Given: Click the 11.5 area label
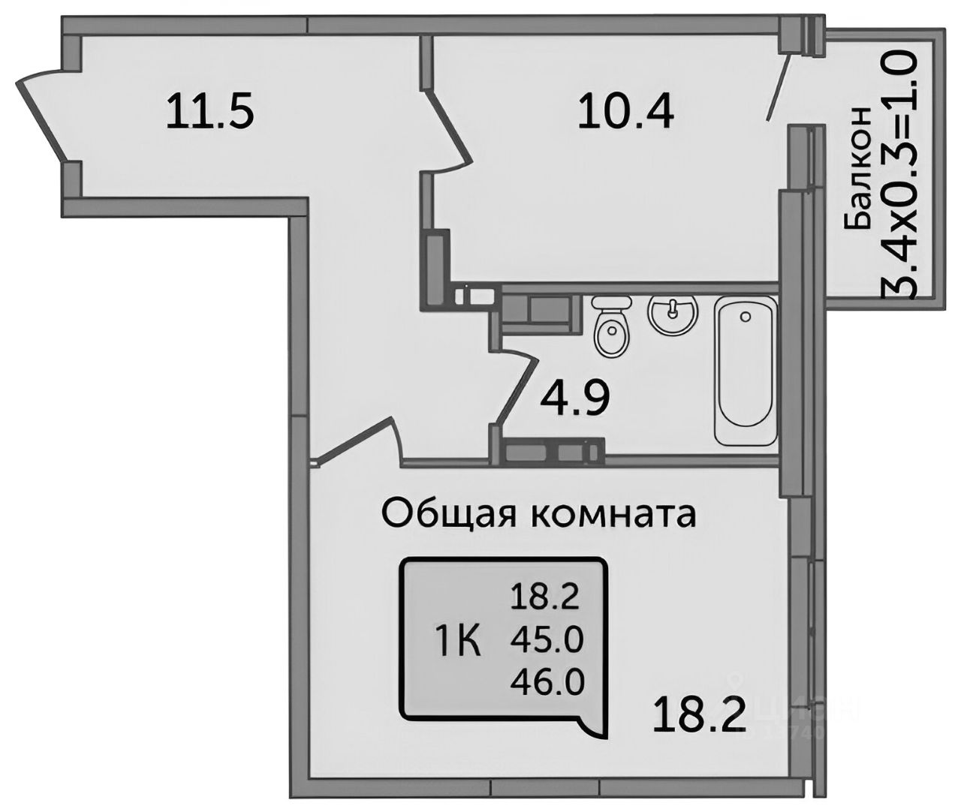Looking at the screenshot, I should (211, 111).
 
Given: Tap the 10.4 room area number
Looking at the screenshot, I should (625, 112).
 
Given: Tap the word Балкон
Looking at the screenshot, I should (860, 167).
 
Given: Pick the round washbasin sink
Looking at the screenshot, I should (673, 315).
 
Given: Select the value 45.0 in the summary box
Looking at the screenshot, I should (547, 640).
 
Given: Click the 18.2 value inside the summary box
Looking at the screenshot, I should (547, 598).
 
